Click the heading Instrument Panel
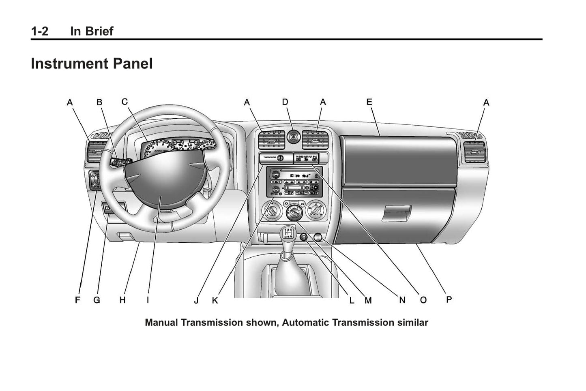point(92,64)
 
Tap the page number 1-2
point(39,31)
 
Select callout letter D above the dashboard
point(285,102)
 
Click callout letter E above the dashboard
point(369,102)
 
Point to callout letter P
point(449,299)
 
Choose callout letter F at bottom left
point(77,300)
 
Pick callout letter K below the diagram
point(215,300)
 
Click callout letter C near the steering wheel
point(124,101)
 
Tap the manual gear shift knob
point(288,235)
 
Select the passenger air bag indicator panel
point(306,158)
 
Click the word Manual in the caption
point(161,323)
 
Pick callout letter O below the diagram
point(423,300)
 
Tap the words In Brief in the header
point(92,31)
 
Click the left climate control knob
point(270,210)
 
